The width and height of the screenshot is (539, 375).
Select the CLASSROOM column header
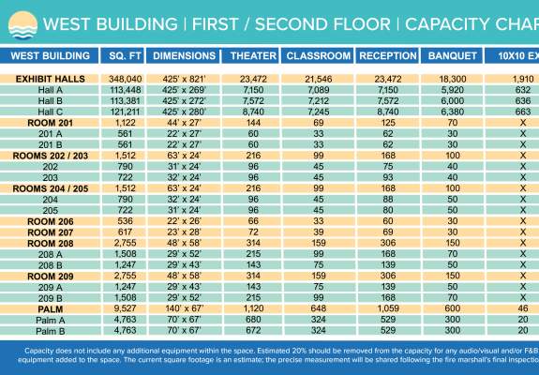(x=315, y=56)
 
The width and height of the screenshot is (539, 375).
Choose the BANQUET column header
(x=451, y=56)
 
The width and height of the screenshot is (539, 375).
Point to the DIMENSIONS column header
(x=186, y=56)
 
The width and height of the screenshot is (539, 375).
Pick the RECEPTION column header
(x=387, y=56)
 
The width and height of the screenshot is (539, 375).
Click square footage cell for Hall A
(x=126, y=90)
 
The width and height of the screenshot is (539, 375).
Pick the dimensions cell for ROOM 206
(x=186, y=221)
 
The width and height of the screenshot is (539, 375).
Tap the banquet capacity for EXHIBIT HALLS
(x=452, y=79)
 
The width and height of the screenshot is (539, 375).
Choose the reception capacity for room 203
(x=387, y=177)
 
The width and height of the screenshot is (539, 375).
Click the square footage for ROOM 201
(x=126, y=123)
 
